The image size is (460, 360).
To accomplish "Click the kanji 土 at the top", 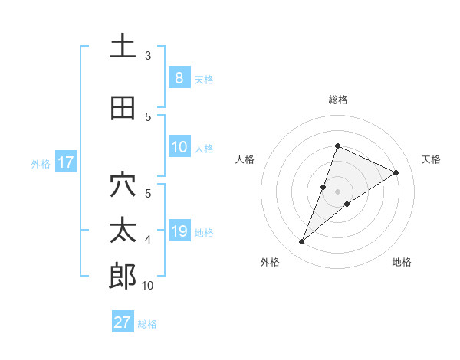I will [123, 47].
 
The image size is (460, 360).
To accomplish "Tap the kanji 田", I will [123, 108].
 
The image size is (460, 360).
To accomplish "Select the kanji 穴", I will [123, 185].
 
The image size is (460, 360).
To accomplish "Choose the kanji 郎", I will [123, 277].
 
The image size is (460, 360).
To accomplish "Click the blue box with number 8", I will [179, 78].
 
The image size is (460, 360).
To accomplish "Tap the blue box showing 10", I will [179, 147].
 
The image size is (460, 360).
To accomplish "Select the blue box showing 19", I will [179, 231].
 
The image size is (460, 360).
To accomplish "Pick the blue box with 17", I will [65, 162].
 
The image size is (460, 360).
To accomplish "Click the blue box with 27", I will [123, 322].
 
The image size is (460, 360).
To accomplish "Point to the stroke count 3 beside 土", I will [148, 56].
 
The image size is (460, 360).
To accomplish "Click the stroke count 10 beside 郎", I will [148, 286].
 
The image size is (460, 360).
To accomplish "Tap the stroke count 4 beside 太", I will [148, 240].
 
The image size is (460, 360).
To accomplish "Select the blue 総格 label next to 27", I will [147, 324].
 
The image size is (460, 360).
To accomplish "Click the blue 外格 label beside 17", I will [40, 163].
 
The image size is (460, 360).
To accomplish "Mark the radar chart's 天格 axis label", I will [432, 159].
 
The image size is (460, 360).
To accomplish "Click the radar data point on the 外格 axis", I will [302, 242].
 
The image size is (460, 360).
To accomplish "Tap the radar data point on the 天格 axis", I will [396, 172].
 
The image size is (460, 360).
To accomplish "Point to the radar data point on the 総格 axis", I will [337, 146].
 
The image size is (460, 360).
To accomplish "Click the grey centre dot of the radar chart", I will [337, 191].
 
